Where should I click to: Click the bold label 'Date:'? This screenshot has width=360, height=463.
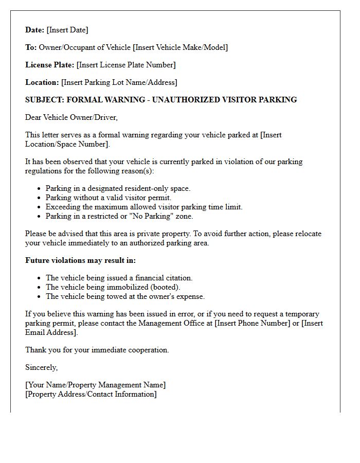[35, 30]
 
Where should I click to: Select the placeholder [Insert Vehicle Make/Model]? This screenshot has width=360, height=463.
[180, 47]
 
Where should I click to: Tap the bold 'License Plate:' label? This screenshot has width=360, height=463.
[49, 65]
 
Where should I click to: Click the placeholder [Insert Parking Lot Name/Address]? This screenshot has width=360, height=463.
[119, 82]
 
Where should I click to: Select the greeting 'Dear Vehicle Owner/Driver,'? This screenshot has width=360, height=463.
[71, 117]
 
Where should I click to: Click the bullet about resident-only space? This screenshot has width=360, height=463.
[118, 188]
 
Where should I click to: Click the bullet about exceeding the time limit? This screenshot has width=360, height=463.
[144, 207]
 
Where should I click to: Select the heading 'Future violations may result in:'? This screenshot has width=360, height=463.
[80, 260]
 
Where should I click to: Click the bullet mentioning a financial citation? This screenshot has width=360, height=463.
[119, 278]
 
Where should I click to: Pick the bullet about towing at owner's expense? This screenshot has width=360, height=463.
[125, 296]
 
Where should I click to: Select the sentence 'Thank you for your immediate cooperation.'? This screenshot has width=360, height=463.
[97, 350]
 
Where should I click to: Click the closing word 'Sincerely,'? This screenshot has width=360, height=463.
[42, 367]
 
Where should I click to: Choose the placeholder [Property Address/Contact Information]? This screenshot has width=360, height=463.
[91, 394]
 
